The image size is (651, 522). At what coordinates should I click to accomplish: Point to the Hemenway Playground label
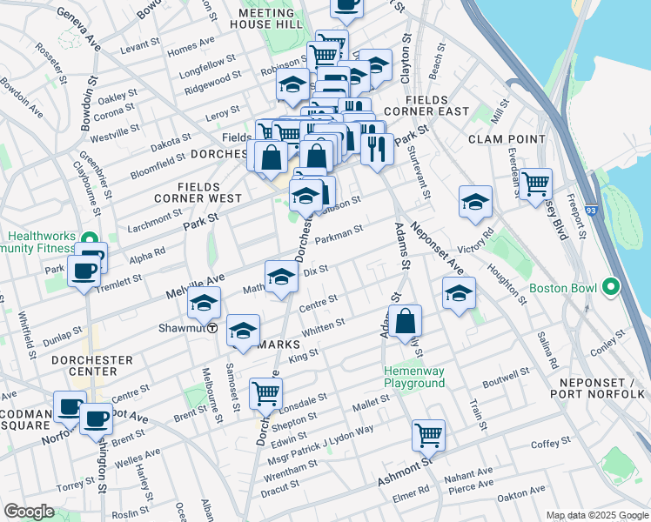[415, 377]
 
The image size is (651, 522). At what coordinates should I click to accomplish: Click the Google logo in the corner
[29, 512]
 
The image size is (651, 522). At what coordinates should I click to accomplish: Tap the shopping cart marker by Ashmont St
[428, 434]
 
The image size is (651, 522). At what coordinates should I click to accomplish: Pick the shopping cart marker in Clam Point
[536, 183]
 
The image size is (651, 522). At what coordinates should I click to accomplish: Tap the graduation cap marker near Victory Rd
[475, 202]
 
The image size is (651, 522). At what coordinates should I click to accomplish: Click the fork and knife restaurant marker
[377, 148]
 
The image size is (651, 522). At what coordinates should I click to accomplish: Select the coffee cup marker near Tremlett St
[84, 271]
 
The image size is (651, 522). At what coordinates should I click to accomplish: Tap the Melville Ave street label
[199, 284]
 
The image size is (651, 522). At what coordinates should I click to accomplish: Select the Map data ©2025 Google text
[596, 514]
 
